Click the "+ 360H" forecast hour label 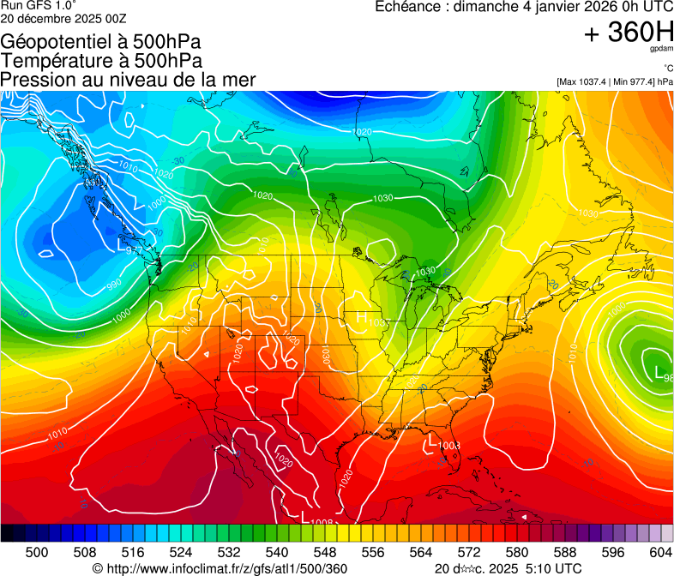coord(629,33)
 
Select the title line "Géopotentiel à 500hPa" coord(101,42)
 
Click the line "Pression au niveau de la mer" coord(128,80)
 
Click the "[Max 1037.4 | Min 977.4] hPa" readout coord(614,82)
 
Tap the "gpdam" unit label coord(661,51)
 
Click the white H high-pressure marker coord(361,318)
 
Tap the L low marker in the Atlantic coord(659,373)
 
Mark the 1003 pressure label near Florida coord(450,446)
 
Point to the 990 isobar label coord(114,284)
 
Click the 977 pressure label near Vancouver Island coord(132,251)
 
